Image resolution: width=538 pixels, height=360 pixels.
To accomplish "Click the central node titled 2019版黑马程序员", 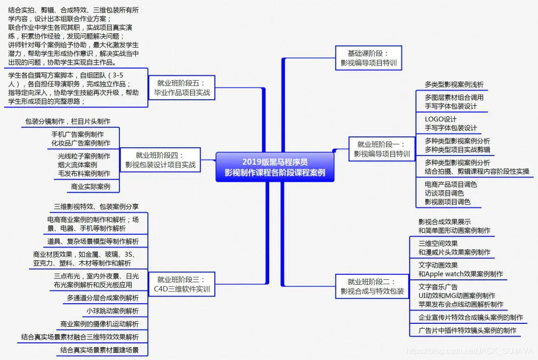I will point(275,167).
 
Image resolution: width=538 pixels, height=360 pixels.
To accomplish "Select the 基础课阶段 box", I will point(369,58).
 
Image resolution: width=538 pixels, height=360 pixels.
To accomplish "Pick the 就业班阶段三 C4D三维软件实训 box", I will point(181,284).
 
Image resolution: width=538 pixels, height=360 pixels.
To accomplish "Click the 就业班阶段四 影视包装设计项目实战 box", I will point(160,160).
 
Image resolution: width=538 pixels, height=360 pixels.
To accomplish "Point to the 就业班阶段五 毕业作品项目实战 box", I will point(182,87).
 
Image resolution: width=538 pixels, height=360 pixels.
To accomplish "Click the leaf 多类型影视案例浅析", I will point(454,85).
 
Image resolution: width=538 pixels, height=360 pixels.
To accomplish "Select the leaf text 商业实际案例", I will point(91,186).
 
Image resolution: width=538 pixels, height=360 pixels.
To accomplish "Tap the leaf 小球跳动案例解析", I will point(113,311).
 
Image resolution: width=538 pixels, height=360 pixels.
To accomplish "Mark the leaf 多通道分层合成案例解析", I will point(103,298).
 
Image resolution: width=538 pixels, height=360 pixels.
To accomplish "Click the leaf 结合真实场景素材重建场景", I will point(99,350).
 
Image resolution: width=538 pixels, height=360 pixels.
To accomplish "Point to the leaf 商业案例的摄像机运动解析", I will point(99,324).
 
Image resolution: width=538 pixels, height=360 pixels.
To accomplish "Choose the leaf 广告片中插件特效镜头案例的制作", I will point(467,330).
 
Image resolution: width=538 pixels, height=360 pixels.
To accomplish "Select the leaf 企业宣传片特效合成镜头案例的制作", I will point(470,317).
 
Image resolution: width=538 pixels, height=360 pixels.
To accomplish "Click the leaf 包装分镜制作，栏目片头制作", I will point(68,121).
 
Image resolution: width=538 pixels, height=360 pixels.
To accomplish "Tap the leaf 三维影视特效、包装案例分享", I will point(96,207).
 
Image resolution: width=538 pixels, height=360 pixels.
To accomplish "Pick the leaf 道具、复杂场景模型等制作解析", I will point(93,241).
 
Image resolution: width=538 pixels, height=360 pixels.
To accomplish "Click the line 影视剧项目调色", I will point(447,202).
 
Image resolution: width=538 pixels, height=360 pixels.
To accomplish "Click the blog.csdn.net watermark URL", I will point(470,351).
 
